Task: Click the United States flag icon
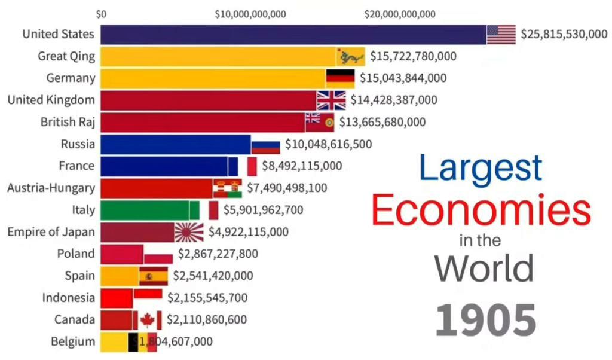coord(501,35)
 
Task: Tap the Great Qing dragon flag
coord(351,57)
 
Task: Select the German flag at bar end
coord(340,78)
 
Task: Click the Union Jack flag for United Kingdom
coord(331,100)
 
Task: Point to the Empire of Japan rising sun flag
coord(189,232)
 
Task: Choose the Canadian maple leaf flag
coord(147,320)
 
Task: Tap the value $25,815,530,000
coord(564,35)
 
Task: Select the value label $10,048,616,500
coord(328,144)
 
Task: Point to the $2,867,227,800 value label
coord(218,254)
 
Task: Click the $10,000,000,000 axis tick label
coord(250,14)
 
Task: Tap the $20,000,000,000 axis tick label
coord(400,14)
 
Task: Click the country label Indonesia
coord(69,297)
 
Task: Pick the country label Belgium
coord(73,341)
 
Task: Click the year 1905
coord(485,321)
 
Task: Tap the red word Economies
coord(481,211)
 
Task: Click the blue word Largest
coord(481,168)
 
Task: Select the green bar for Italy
coord(149,210)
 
